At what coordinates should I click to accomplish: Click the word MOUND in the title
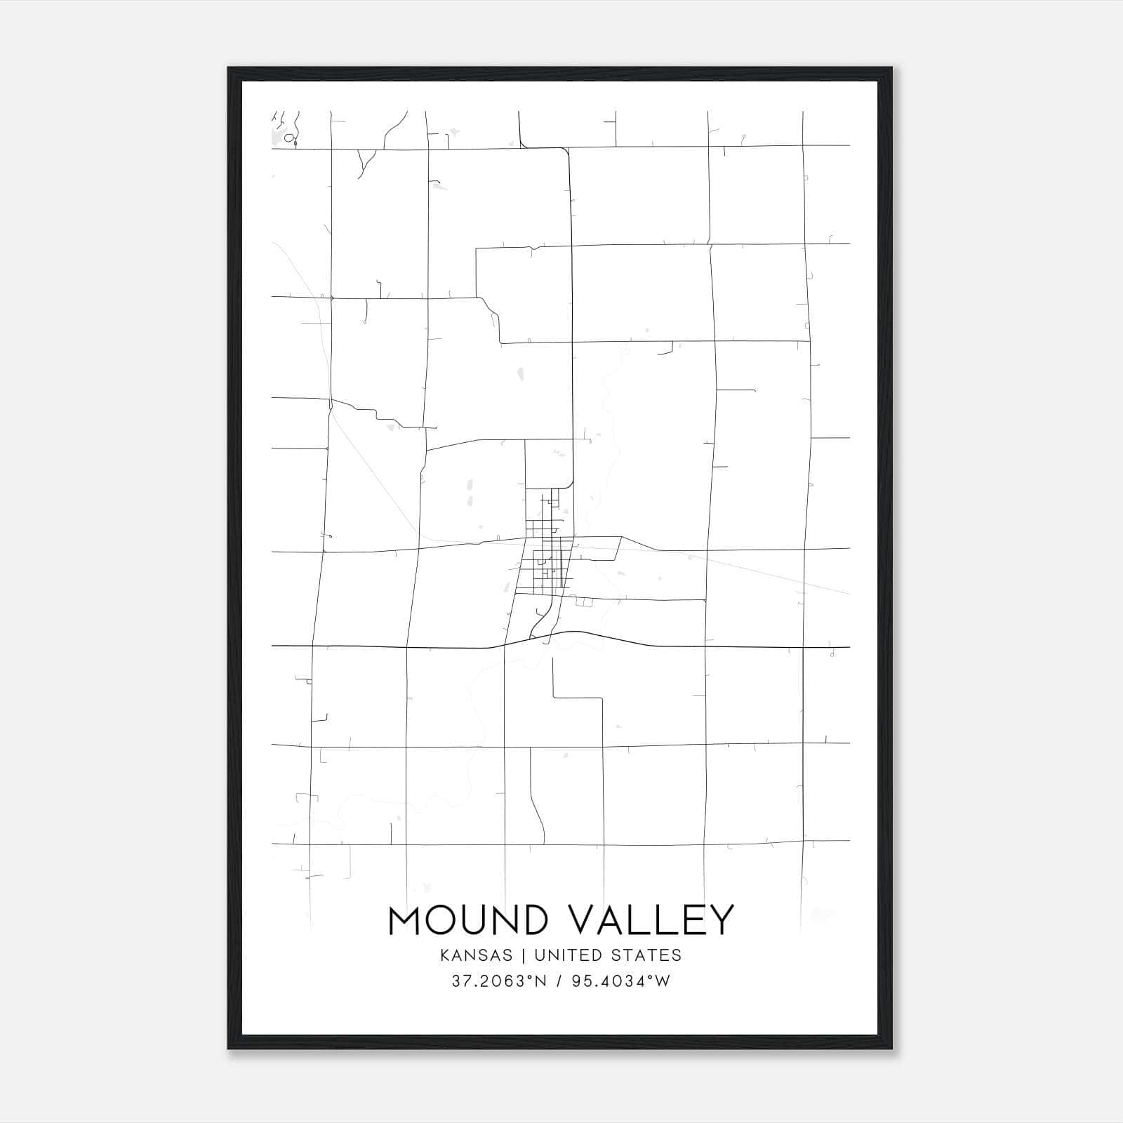[466, 920]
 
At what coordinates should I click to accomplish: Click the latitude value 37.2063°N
[499, 981]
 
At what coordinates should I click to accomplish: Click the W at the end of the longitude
[663, 981]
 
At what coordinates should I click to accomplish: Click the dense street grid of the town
[544, 554]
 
